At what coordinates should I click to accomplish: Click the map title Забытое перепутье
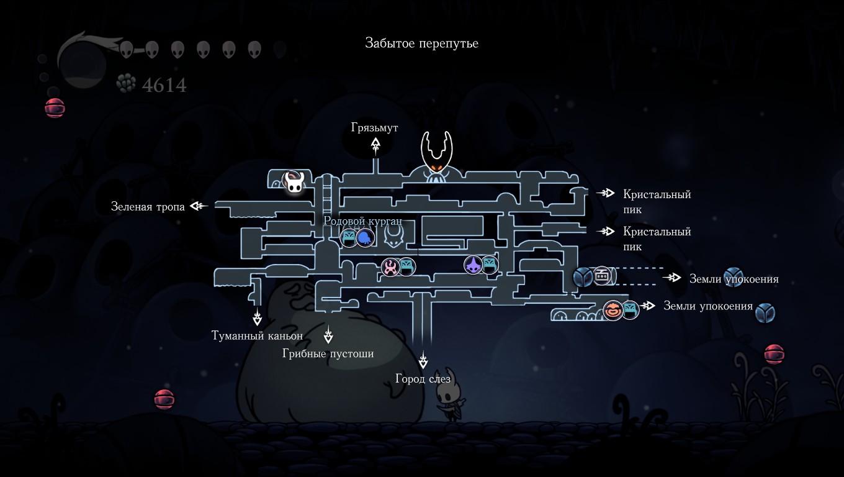[421, 43]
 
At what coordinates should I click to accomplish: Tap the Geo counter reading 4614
[164, 84]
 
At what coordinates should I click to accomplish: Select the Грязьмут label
[374, 128]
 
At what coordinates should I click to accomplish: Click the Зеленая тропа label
[148, 207]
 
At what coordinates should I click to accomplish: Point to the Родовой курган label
[363, 221]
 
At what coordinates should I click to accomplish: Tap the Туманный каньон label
[257, 336]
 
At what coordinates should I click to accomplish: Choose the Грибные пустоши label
[328, 353]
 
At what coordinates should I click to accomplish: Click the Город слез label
[423, 379]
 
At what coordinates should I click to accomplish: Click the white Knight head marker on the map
[294, 181]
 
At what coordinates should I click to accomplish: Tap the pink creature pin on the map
[390, 267]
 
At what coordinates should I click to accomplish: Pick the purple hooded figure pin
[474, 265]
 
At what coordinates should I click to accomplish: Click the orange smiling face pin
[613, 309]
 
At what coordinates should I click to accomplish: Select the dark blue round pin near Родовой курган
[365, 237]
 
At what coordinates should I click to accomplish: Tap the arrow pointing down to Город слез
[424, 360]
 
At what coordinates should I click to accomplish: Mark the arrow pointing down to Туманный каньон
[257, 318]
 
